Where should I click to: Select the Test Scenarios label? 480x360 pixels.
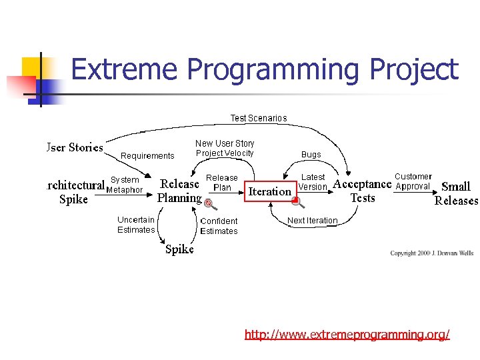point(259,118)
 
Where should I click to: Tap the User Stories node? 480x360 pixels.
point(75,147)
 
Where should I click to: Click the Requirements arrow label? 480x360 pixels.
point(147,156)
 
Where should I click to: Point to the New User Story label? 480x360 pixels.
point(225,143)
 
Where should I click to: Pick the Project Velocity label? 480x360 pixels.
point(225,153)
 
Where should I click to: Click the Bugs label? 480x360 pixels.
point(311,155)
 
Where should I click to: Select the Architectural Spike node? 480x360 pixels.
point(75,192)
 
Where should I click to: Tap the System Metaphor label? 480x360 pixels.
point(125,185)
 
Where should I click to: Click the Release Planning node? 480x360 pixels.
point(179,191)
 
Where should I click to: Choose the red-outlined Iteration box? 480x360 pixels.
point(269,191)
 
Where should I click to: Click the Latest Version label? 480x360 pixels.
point(313,182)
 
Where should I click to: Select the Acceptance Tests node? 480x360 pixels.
point(362,191)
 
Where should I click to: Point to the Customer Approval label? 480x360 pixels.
point(413,181)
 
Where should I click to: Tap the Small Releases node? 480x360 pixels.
point(456,193)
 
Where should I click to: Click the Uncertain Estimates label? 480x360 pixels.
point(136,225)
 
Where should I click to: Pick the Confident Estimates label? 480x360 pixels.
point(219,226)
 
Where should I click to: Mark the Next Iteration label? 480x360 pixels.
point(312,221)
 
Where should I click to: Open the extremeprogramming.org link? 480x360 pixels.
point(347,334)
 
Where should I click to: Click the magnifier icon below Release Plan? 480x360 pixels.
point(210,203)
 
